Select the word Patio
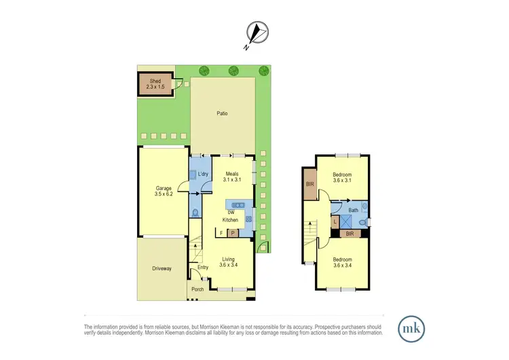[x=222, y=113]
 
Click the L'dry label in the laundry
[x=202, y=175]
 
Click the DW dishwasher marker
[x=231, y=213]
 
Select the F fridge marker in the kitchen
[x=221, y=233]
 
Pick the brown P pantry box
[x=232, y=233]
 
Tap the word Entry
[x=203, y=267]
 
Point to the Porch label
[x=197, y=290]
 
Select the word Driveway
[x=162, y=268]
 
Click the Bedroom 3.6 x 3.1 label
[x=342, y=177]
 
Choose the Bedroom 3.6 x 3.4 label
[x=342, y=262]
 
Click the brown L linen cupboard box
[x=335, y=221]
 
